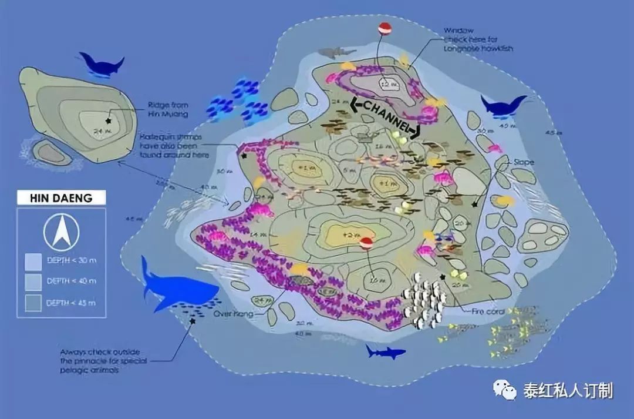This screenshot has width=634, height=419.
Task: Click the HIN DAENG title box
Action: tap(61, 197)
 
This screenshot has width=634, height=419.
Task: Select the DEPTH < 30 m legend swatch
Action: tap(33, 262)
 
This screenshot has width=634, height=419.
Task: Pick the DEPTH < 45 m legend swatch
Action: tap(33, 303)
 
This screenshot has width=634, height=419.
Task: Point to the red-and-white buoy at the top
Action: tap(383, 28)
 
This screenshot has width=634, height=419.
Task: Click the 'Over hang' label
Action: tap(233, 314)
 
